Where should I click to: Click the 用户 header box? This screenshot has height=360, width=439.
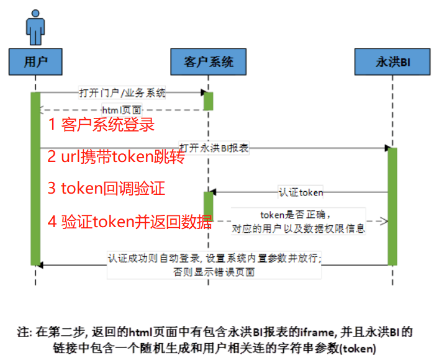[35, 63]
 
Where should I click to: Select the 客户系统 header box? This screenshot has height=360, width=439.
[209, 63]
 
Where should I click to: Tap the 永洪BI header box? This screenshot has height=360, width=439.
[393, 63]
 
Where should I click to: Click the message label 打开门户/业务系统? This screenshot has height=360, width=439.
[122, 93]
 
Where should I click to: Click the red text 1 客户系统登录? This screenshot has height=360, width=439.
[101, 125]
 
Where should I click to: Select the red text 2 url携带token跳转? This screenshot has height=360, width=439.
[116, 157]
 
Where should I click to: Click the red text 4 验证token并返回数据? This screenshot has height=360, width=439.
[130, 222]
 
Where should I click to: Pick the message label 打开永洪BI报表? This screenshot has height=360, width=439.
[214, 148]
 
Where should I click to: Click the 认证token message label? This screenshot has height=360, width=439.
[300, 192]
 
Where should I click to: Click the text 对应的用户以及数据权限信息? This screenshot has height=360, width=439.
[298, 228]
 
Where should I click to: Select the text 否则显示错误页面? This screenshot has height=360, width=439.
[215, 272]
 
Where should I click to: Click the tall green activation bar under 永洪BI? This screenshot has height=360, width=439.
[392, 205]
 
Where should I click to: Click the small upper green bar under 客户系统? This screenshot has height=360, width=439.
[209, 101]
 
